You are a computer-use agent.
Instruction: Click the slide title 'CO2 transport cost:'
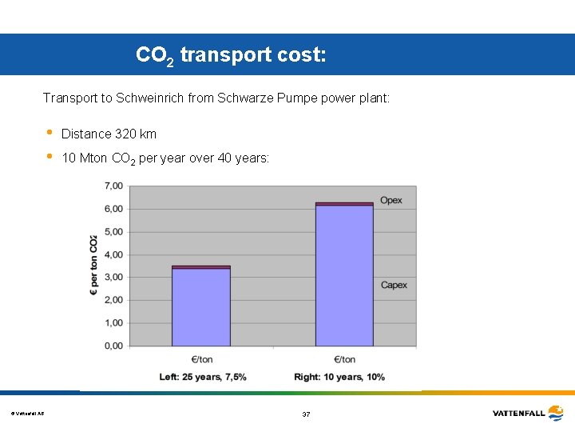click(231, 55)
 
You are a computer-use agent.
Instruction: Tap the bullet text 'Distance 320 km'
click(109, 134)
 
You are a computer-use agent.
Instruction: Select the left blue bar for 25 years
click(201, 307)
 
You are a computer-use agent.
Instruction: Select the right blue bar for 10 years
click(344, 276)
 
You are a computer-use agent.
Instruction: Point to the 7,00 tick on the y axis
click(113, 186)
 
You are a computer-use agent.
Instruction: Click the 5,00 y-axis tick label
click(113, 232)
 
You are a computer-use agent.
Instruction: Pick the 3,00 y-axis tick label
click(113, 278)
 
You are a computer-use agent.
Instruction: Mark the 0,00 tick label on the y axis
click(113, 346)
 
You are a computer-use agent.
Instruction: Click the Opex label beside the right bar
click(391, 200)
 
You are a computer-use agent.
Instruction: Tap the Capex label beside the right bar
click(394, 285)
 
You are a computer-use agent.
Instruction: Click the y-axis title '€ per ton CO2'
click(93, 266)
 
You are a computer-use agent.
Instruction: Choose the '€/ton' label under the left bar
click(201, 359)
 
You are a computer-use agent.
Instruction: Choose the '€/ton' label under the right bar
click(344, 359)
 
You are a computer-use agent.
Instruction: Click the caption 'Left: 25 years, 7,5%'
click(203, 377)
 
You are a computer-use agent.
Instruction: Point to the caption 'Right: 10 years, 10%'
click(339, 377)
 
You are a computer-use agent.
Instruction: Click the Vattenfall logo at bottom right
click(529, 413)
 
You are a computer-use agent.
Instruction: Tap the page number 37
click(306, 414)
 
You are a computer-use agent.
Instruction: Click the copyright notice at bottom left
click(27, 414)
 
